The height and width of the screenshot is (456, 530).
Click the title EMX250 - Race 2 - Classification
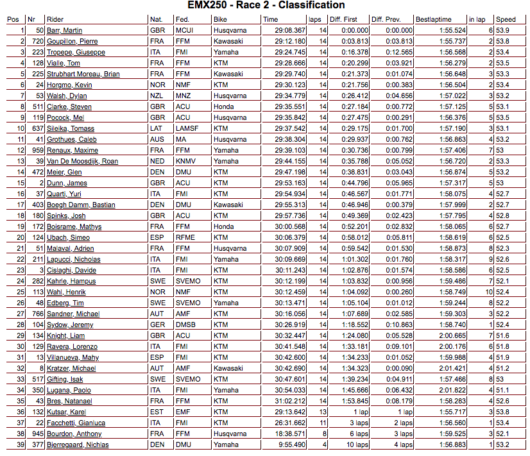265,6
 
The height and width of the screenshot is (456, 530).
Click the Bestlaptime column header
433,19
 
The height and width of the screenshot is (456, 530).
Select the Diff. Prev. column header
387,19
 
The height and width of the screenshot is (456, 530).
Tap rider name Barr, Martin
64,31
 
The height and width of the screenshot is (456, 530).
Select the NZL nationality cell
157,96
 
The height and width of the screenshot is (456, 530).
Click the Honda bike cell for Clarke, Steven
223,107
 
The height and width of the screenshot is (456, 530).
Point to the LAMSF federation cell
186,129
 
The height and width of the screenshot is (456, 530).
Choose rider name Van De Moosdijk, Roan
82,162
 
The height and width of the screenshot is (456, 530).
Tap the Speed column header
505,19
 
